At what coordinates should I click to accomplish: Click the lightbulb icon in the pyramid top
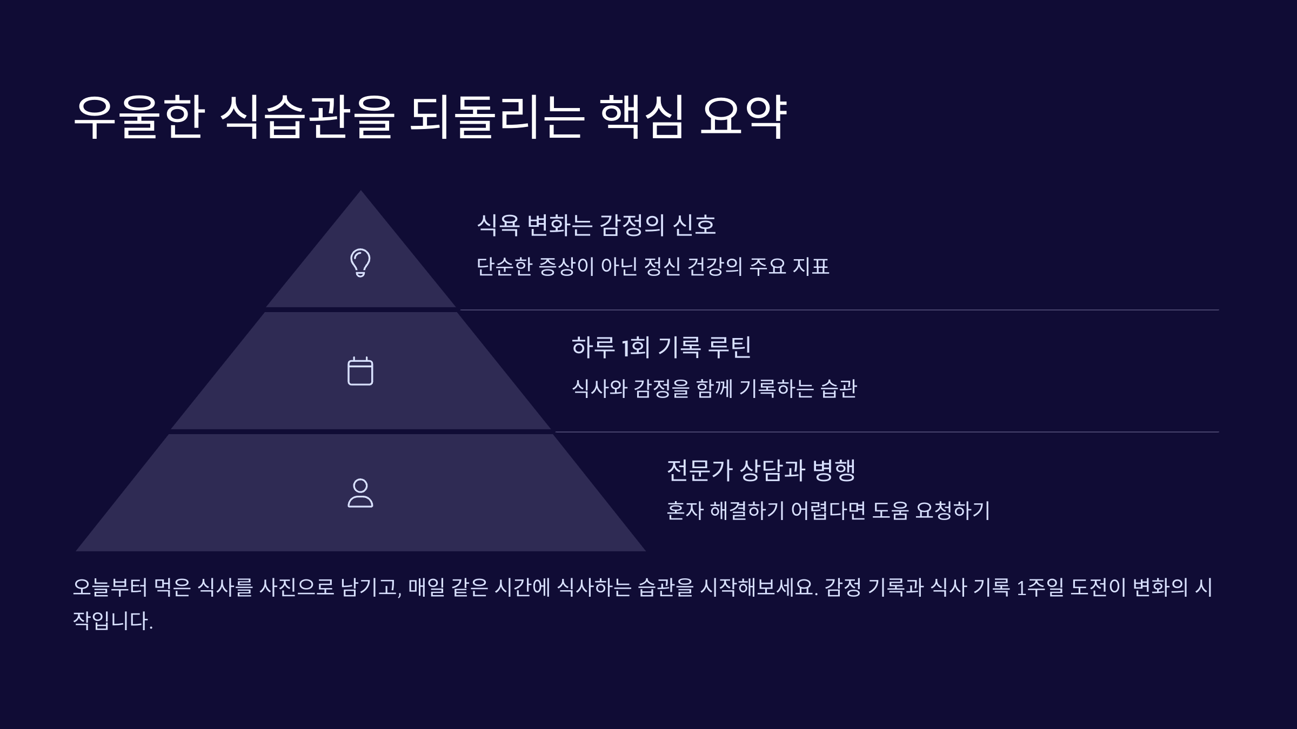point(360,263)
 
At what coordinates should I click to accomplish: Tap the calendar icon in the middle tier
point(360,371)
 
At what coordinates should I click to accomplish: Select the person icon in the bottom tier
point(360,493)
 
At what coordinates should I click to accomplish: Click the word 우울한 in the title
point(139,117)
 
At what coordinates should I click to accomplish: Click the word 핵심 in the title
point(641,117)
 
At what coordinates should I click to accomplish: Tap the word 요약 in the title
point(743,117)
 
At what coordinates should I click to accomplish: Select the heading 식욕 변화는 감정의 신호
point(596,225)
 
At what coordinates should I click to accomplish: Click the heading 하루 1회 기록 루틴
point(661,347)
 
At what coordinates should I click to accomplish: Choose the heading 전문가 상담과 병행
point(761,470)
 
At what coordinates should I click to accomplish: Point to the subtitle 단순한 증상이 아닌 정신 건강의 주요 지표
point(652,266)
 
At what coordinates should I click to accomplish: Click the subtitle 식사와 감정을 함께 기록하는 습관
point(714,388)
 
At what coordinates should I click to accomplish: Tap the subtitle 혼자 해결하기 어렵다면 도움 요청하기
point(828,510)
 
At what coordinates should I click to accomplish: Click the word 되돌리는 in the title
point(497,117)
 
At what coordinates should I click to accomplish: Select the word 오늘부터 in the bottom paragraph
point(110,587)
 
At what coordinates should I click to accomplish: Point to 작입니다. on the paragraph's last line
point(113,620)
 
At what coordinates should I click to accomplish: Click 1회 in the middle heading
point(636,347)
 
